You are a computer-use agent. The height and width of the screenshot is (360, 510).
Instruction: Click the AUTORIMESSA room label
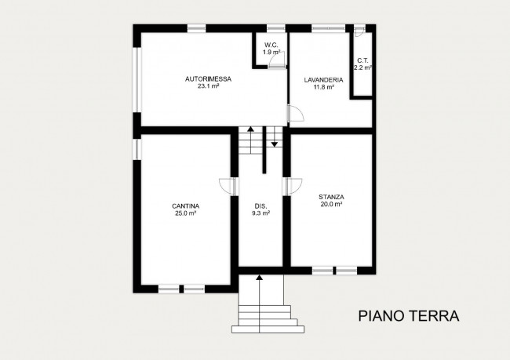click(207, 78)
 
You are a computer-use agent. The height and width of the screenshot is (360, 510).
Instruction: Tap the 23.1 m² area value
click(207, 87)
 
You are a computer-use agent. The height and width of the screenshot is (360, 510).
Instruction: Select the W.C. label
click(272, 45)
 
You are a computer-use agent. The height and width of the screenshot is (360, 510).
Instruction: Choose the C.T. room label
click(362, 60)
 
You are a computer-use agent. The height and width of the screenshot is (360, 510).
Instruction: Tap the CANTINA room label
click(185, 205)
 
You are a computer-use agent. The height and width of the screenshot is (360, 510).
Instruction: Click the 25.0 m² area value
click(185, 213)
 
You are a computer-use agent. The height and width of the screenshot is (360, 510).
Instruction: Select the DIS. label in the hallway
click(260, 205)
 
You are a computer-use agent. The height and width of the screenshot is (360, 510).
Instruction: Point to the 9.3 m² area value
click(260, 213)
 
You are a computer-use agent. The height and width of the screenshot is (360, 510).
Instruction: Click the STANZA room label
click(332, 196)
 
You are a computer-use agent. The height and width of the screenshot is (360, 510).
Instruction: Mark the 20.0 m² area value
click(332, 204)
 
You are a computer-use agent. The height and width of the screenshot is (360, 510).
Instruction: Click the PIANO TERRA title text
click(408, 316)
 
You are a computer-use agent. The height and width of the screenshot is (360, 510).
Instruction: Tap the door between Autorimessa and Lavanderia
click(296, 115)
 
